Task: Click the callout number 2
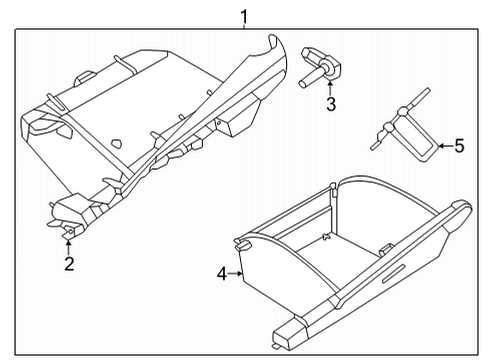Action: click(69, 264)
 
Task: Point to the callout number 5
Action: click(458, 147)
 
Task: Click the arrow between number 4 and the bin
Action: click(236, 271)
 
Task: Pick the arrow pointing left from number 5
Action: click(444, 147)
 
